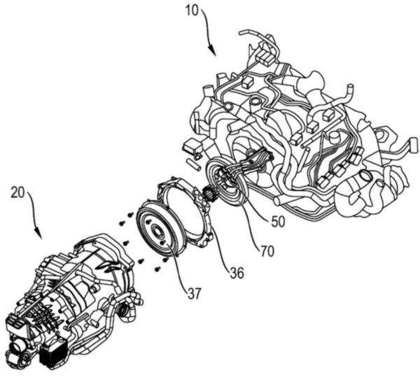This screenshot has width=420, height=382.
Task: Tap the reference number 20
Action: [17, 192]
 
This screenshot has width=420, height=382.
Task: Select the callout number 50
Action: [278, 222]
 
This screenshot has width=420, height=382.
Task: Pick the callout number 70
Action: [267, 251]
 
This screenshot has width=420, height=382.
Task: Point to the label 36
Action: [237, 273]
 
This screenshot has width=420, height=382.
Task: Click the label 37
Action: [193, 294]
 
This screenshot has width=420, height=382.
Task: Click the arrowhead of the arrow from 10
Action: [213, 52]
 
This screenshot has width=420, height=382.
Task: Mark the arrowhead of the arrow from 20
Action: [38, 233]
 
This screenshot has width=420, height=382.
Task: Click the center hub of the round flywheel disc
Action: [156, 229]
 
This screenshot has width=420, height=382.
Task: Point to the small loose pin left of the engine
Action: [193, 164]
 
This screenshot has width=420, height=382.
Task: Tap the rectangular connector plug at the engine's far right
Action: [414, 144]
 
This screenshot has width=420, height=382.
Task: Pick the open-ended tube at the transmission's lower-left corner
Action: [15, 348]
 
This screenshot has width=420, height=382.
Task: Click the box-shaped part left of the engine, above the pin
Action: [191, 147]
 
